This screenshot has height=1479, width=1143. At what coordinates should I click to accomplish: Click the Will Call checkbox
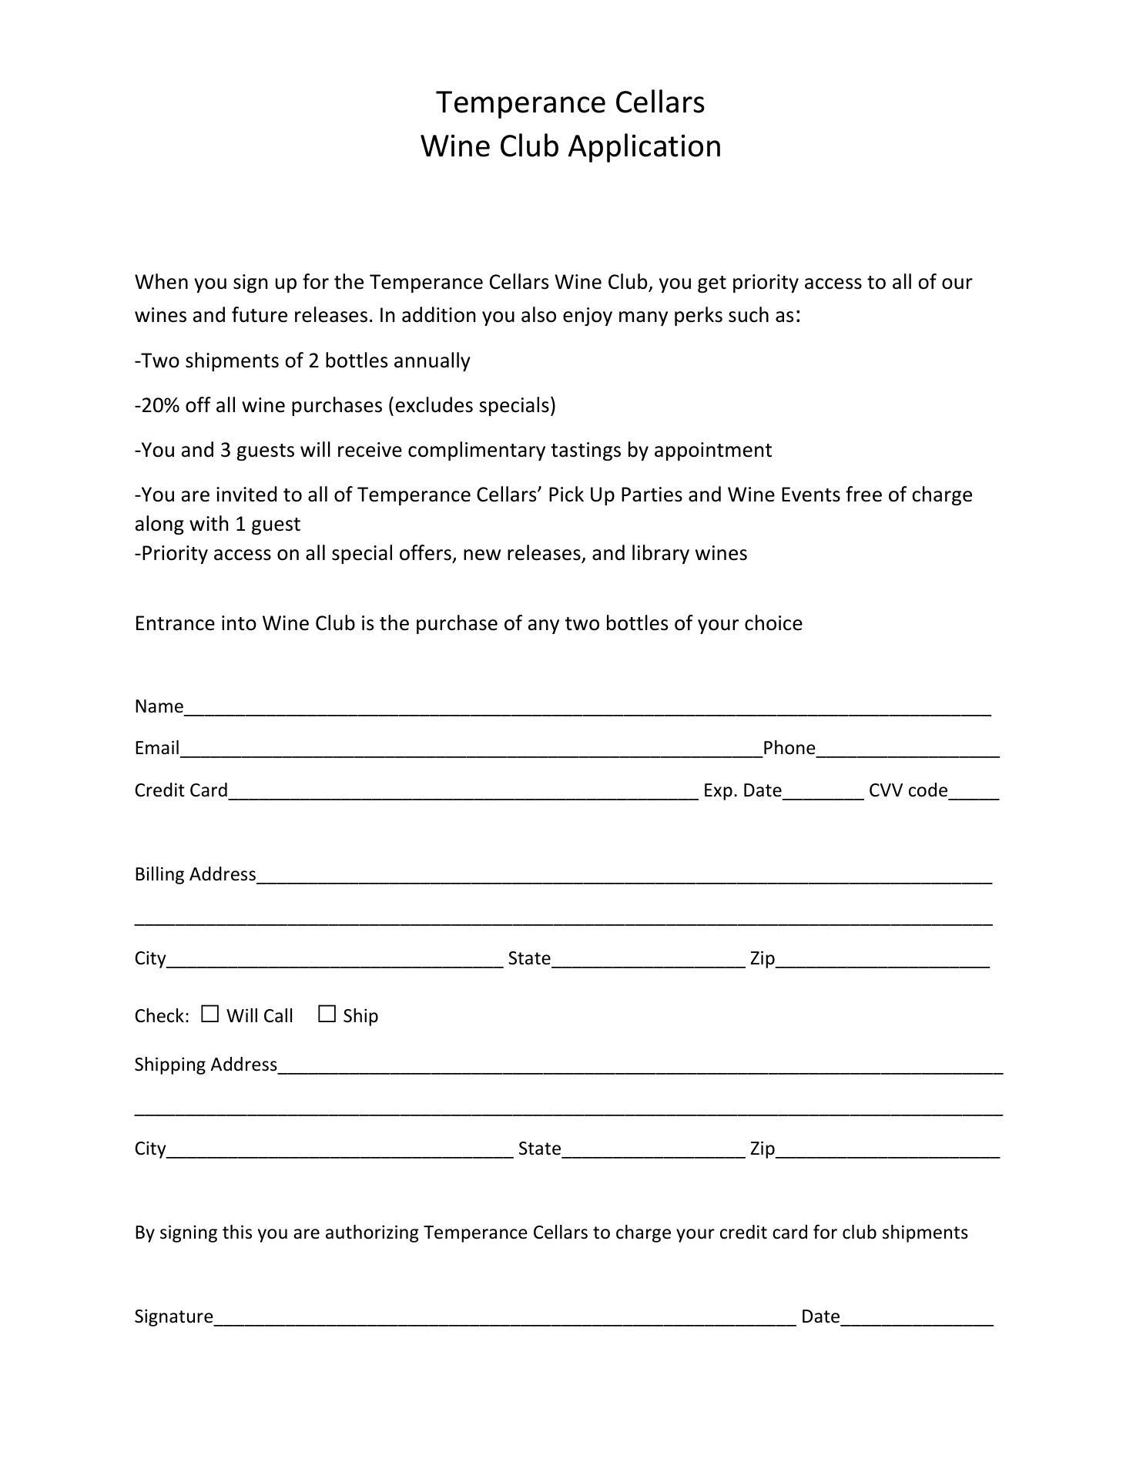point(210,1014)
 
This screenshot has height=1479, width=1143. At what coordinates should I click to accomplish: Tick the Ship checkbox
point(327,1014)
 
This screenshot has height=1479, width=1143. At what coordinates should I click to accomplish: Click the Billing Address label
point(195,874)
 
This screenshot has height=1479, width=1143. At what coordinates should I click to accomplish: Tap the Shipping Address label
point(206,1065)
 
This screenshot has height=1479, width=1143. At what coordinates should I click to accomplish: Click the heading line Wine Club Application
point(571,146)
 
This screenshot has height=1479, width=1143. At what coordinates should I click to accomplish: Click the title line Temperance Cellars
point(571,102)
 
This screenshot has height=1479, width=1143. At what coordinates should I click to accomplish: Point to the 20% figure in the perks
point(159,405)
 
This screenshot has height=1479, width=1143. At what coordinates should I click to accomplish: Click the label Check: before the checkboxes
point(162,1016)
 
